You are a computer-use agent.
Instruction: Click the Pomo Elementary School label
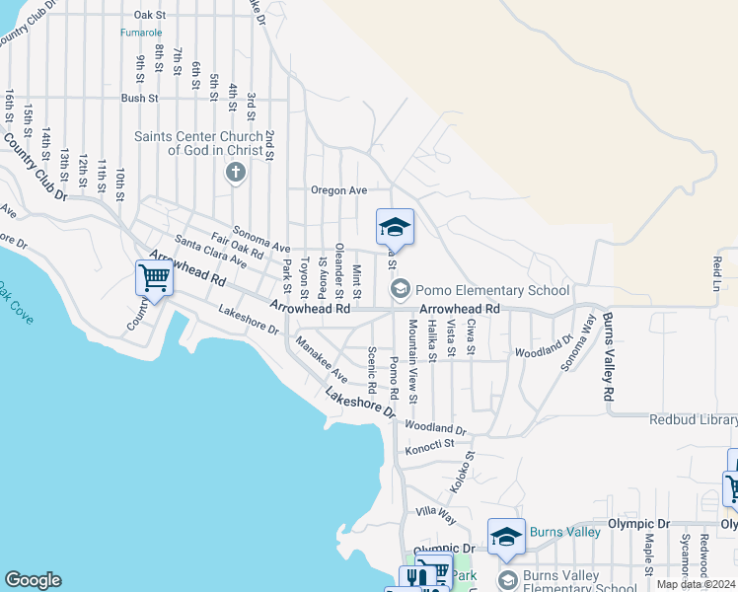point(492,290)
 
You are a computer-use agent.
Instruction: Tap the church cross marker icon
point(235,174)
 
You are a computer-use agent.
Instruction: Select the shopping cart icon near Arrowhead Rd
point(154,278)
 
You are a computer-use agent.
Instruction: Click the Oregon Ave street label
point(338,190)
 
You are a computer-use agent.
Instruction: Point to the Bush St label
point(140,99)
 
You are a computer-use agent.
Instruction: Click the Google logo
point(33,580)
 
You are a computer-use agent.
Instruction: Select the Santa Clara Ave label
point(210,253)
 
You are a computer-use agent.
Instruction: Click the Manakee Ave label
point(322,362)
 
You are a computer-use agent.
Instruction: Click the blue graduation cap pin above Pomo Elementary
point(395,228)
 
